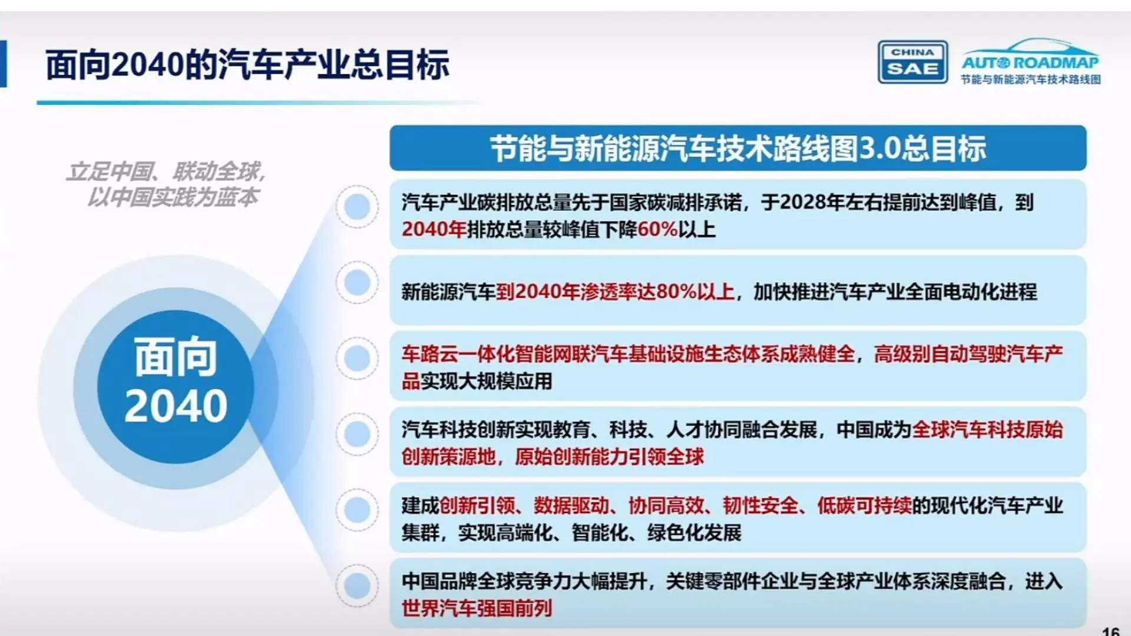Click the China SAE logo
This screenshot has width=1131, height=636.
pos(912,62)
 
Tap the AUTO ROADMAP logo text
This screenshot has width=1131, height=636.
pos(1030,62)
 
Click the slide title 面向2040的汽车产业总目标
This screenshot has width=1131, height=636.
pos(247,65)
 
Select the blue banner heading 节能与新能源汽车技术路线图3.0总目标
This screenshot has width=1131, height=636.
pos(738,148)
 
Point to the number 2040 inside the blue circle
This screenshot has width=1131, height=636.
pos(176,406)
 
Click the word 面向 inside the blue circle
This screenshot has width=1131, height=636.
pos(176,357)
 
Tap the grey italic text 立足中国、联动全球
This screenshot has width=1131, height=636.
pos(166,172)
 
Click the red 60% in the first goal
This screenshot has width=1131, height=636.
pos(657,229)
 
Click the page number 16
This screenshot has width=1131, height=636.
pos(1110,631)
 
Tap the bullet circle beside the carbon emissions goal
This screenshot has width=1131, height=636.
pos(357,207)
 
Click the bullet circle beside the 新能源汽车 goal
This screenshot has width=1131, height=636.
pos(357,283)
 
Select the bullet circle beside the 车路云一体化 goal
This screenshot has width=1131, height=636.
pos(357,358)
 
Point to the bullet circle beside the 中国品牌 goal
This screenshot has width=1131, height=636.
pos(357,585)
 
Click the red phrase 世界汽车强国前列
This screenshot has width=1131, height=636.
pos(477,608)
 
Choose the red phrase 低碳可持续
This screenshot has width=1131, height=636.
pos(864,505)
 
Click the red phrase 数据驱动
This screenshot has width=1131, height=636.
pos(571,505)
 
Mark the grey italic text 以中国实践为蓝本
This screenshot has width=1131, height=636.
pos(173,197)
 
